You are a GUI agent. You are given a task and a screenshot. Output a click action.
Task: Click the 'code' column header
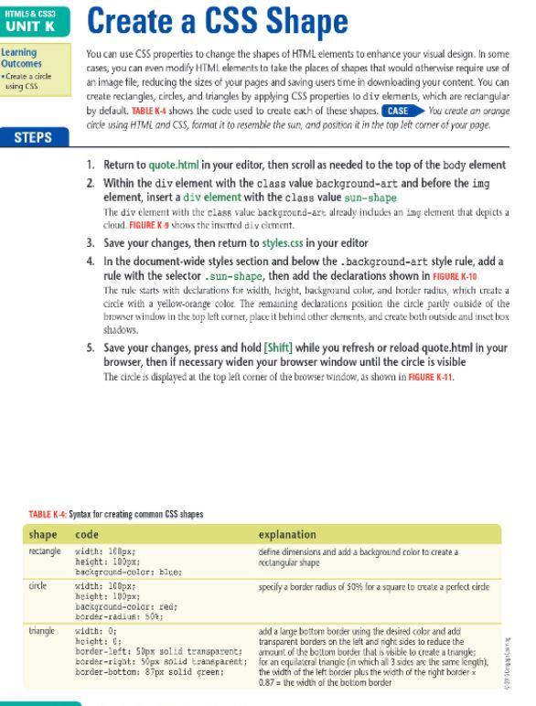click(x=87, y=532)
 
